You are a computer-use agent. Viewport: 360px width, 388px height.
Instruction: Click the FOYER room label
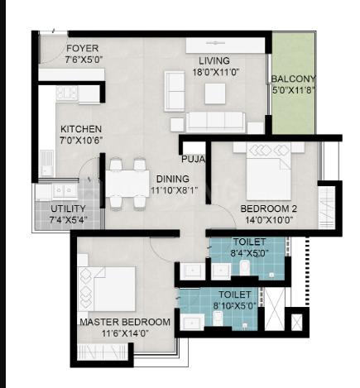[x=82, y=48]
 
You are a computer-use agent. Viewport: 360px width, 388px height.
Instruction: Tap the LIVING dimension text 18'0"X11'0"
[x=215, y=72]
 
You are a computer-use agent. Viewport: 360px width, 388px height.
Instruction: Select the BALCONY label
[x=293, y=79]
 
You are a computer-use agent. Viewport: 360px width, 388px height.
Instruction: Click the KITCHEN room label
[x=81, y=129]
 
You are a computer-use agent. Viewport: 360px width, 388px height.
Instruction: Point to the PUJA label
[x=193, y=159]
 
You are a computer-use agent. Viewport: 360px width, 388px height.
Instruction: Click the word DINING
[x=173, y=179]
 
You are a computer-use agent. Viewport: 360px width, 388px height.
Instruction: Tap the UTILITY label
[x=68, y=208]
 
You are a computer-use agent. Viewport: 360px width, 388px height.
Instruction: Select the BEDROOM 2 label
[x=269, y=208]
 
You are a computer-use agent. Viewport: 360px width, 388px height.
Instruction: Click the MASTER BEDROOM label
[x=125, y=322]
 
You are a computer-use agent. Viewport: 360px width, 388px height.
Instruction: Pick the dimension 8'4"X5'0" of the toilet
[x=249, y=253]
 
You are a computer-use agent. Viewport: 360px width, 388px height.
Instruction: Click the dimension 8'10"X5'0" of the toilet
[x=235, y=305]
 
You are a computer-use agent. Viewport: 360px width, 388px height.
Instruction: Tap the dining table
[x=127, y=184]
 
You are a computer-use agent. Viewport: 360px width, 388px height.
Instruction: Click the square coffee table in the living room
[x=215, y=93]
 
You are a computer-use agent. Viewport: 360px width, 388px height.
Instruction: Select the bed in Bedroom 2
[x=269, y=171]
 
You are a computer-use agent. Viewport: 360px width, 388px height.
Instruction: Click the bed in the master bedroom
[x=107, y=289]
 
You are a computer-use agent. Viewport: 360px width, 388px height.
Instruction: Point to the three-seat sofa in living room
[x=215, y=122]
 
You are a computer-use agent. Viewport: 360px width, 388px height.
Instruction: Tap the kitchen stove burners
[x=67, y=93]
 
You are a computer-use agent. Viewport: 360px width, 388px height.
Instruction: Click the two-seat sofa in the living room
[x=175, y=91]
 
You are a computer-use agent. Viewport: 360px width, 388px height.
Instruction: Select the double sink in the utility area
[x=65, y=190]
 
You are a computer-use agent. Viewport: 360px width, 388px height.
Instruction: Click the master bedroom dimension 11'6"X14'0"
[x=125, y=333]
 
